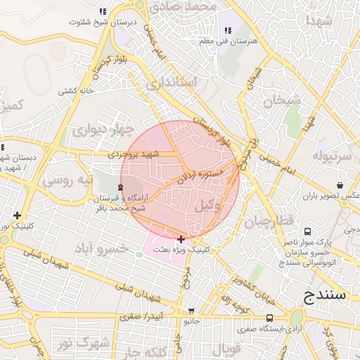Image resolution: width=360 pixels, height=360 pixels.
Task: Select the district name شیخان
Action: tap(281, 101)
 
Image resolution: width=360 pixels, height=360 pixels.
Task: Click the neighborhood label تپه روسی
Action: tap(67, 180)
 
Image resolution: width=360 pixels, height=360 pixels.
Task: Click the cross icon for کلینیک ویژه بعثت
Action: tap(181, 240)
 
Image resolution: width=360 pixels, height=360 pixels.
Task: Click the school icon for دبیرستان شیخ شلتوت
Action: tap(103, 11)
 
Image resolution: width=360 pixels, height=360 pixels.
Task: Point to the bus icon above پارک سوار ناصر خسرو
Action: tap(307, 231)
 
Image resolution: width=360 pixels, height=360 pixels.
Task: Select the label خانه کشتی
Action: tap(76, 91)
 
